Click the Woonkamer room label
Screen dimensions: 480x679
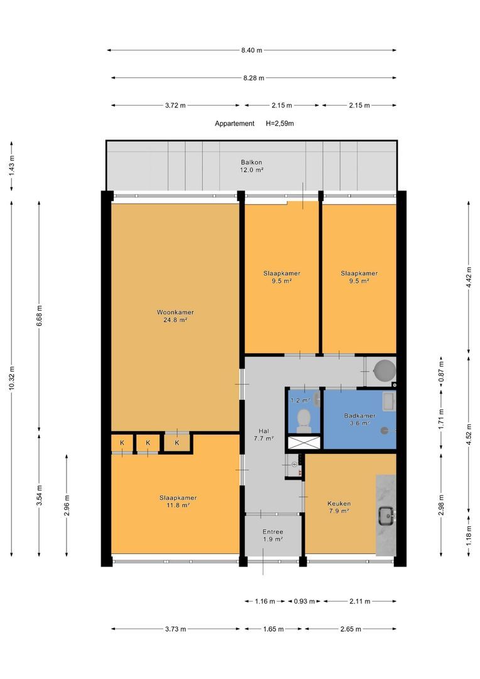click(175, 312)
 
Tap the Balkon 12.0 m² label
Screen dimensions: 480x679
click(251, 166)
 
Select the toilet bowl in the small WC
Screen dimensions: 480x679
click(304, 419)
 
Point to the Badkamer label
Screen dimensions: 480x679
click(359, 416)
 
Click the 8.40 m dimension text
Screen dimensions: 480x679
click(251, 50)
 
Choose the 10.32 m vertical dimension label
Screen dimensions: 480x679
click(12, 378)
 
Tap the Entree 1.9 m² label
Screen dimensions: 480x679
click(273, 535)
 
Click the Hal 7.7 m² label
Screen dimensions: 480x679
click(264, 434)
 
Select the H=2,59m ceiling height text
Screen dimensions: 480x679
click(280, 123)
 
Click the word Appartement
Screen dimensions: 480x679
click(234, 123)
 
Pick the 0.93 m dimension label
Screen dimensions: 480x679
click(304, 601)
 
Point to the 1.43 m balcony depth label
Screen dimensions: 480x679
click(12, 165)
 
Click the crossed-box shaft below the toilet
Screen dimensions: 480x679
click(304, 443)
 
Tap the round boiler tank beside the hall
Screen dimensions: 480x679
click(385, 370)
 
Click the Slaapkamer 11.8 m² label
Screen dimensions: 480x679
click(178, 502)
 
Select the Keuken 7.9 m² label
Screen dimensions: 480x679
click(339, 507)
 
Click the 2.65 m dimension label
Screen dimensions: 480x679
click(350, 629)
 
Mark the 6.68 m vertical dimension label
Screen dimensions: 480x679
click(40, 315)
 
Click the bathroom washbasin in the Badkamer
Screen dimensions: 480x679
click(389, 401)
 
